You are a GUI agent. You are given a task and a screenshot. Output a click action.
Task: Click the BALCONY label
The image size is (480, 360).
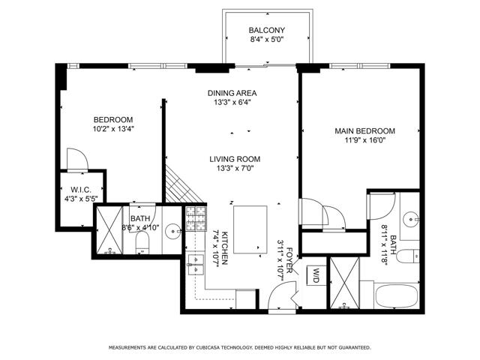[x=267, y=30]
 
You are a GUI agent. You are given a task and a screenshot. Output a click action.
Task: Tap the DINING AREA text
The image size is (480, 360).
[x=232, y=93]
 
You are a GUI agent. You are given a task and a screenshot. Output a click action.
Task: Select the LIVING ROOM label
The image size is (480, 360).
[x=235, y=159]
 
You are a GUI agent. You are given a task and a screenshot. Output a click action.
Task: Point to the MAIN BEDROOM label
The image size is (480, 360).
[x=364, y=131]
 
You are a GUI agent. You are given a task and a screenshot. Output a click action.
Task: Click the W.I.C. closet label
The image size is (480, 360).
[x=81, y=190]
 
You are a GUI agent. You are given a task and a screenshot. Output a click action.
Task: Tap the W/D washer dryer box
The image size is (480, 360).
[x=316, y=275]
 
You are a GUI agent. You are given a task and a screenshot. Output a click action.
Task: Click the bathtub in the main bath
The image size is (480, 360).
[x=397, y=296]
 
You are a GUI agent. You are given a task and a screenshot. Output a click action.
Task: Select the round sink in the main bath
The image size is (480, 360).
[x=411, y=219]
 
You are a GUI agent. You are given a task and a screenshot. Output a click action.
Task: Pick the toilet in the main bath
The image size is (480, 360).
[x=408, y=256]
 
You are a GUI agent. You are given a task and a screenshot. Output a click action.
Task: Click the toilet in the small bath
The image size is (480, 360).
[x=142, y=242]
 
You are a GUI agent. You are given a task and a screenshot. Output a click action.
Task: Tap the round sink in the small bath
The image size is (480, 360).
[x=173, y=232]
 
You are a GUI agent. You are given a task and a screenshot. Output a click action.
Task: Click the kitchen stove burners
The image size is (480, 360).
[x=196, y=218]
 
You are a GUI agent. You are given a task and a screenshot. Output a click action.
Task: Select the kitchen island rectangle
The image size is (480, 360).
[x=250, y=229]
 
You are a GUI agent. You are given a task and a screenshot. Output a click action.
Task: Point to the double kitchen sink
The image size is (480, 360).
[x=196, y=265]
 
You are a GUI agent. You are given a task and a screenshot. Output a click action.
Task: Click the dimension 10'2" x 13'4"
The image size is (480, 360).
[x=113, y=129]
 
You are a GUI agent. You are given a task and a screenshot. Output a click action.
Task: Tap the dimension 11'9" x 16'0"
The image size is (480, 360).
[x=364, y=140]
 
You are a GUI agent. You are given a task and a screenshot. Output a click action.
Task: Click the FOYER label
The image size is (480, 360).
[x=289, y=260]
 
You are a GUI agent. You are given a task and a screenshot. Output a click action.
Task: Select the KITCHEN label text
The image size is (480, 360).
[x=224, y=248]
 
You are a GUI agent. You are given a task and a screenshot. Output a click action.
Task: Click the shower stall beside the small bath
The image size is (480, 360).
[x=109, y=230]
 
